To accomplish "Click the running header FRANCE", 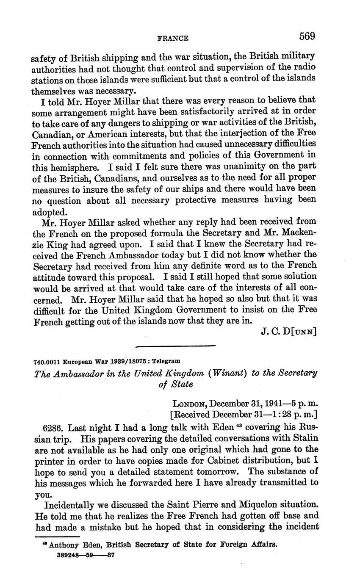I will (x=173, y=38).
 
